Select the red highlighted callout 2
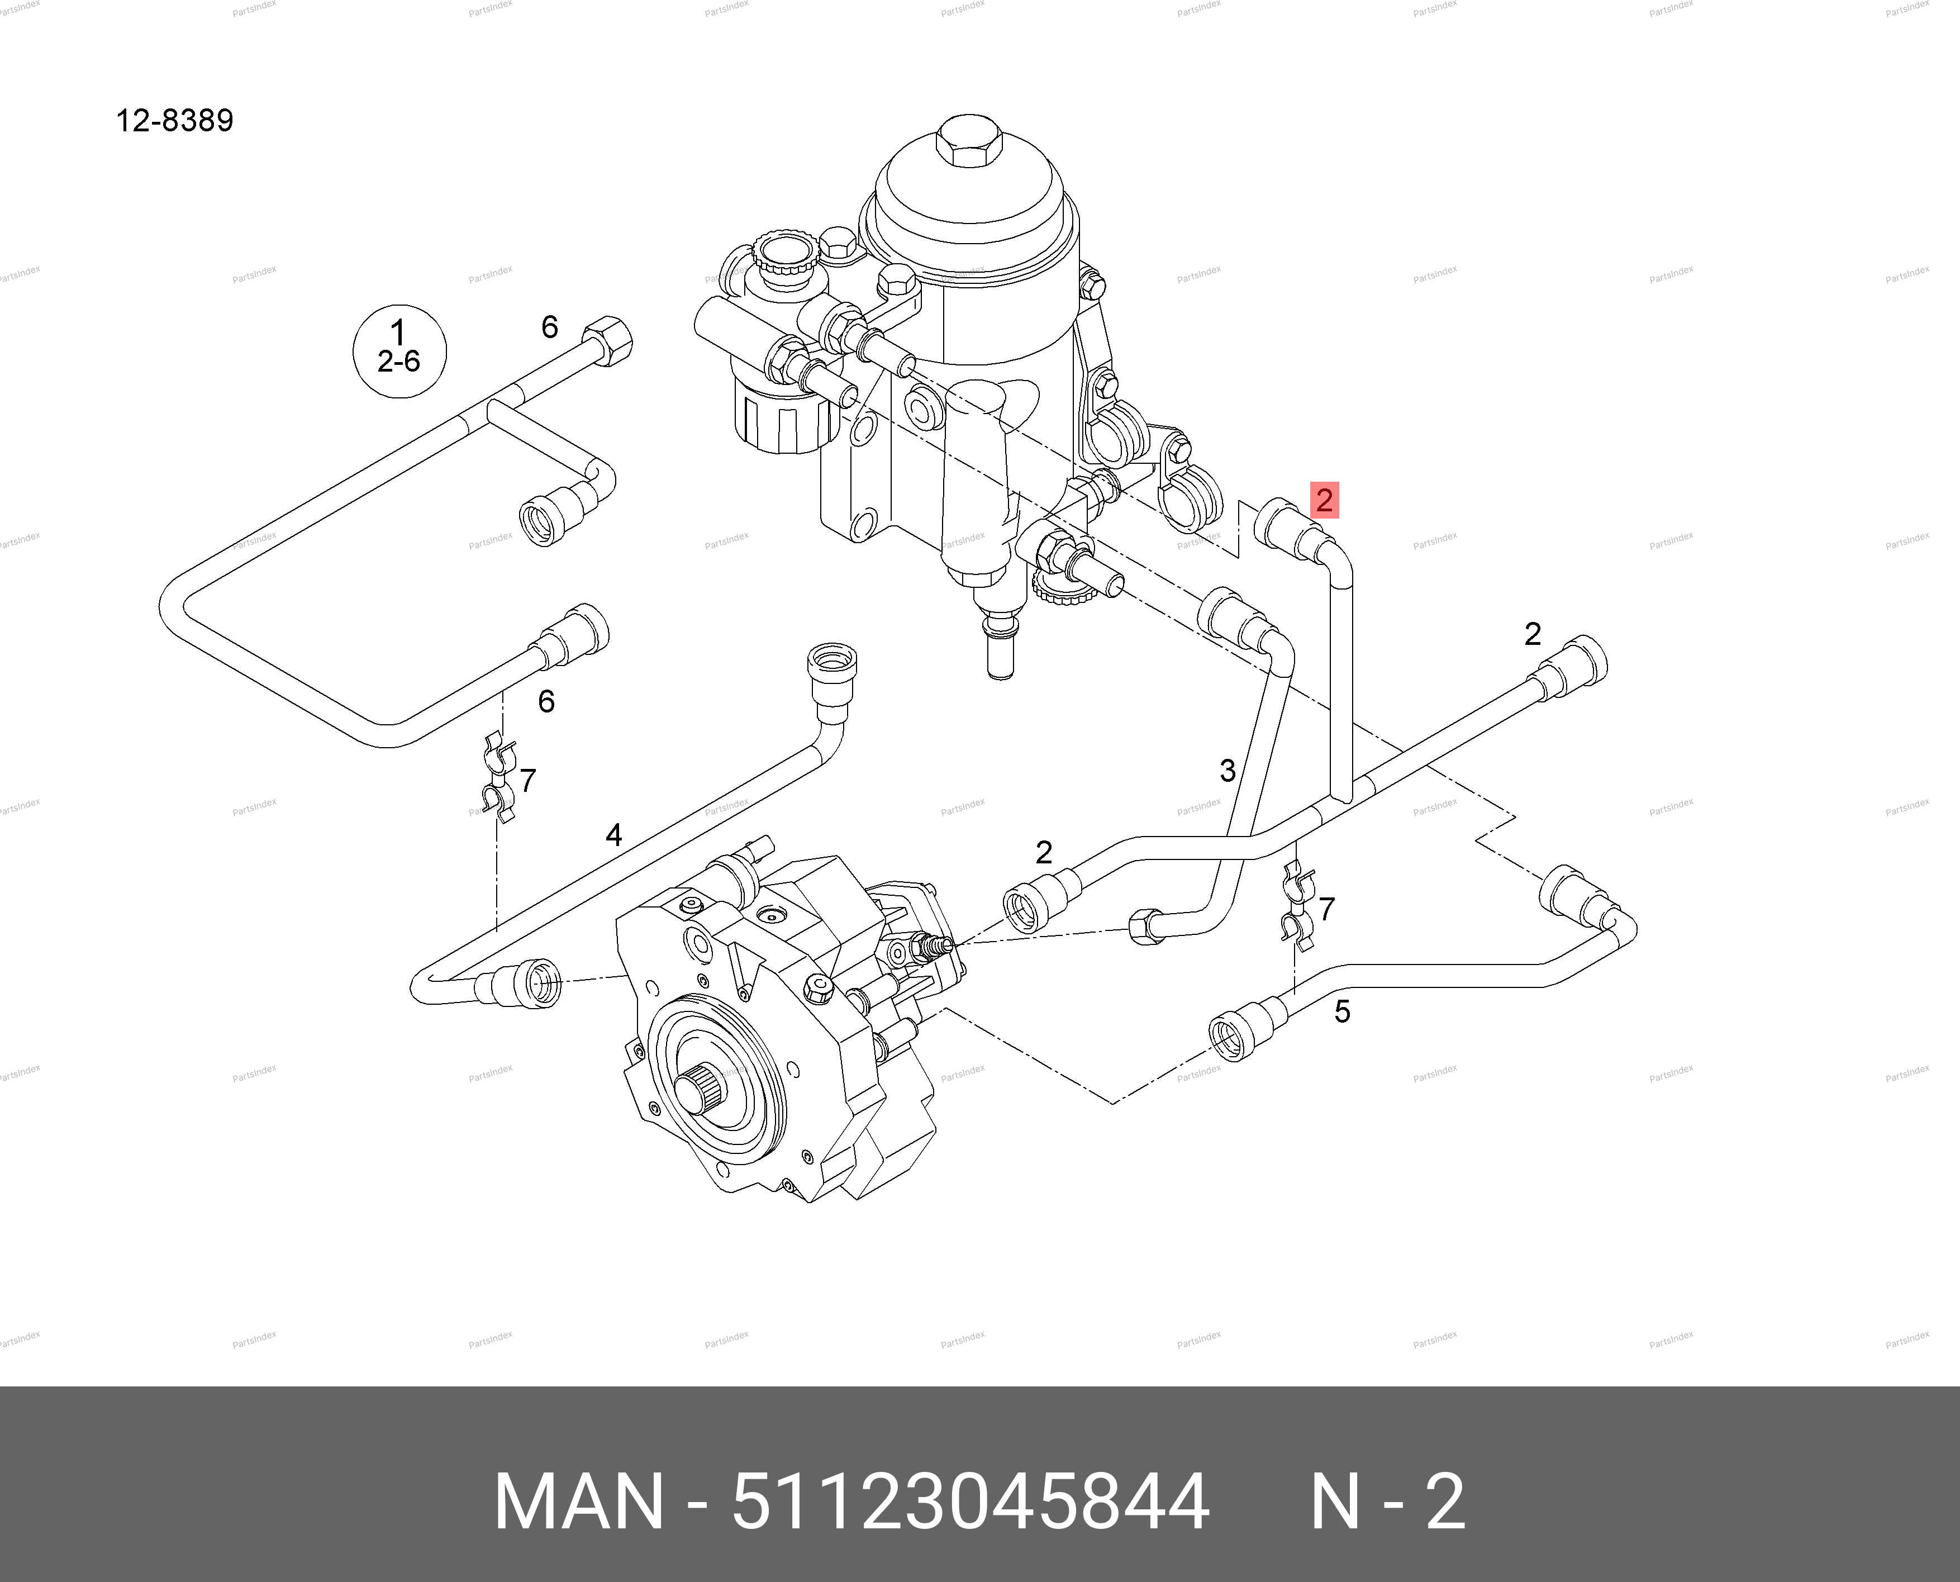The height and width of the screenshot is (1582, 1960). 1324,500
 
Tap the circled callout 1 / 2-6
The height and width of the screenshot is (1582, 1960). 399,351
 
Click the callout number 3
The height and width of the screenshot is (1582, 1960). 1228,771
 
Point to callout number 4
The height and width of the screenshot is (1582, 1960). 614,835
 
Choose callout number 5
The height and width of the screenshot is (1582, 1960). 1342,1011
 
